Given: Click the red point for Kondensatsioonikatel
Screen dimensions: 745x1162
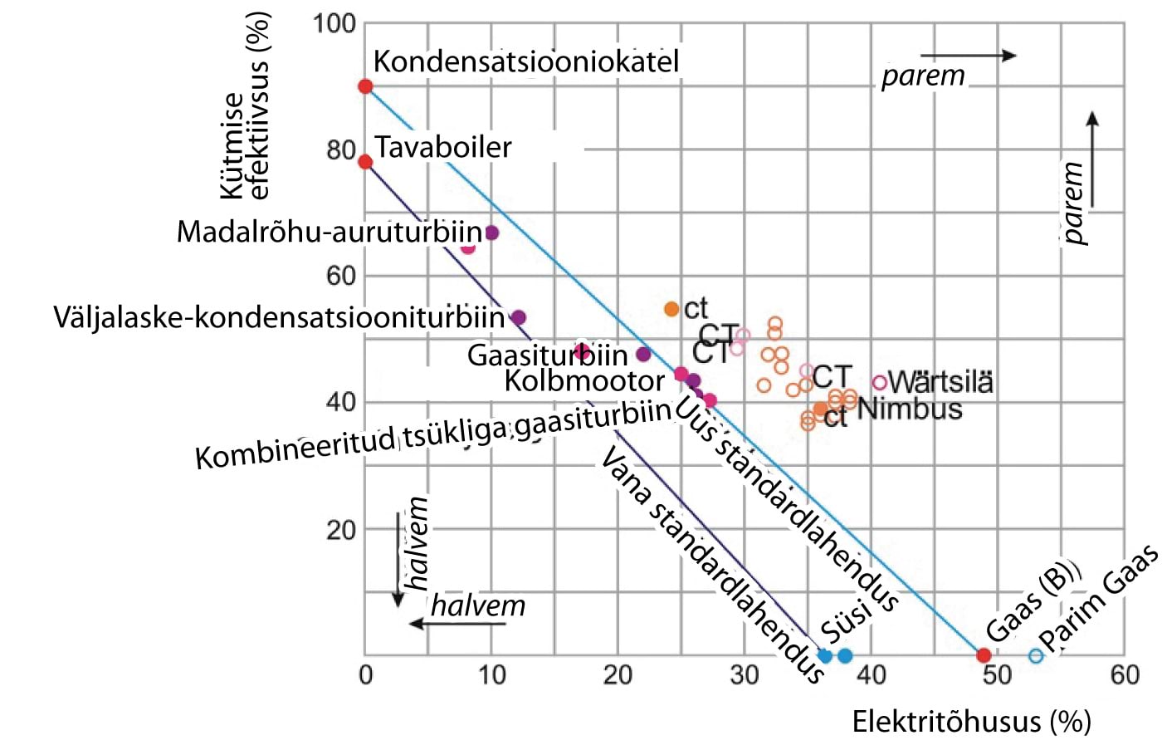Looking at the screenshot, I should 365,86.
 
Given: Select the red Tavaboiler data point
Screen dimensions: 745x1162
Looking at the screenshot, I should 365,161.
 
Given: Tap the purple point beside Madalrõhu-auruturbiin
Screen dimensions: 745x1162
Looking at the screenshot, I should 491,233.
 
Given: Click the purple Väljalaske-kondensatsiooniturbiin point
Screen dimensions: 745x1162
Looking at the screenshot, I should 519,317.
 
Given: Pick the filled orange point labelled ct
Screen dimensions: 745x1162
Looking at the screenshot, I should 671,309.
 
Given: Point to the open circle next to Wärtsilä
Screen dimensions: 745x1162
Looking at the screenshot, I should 880,383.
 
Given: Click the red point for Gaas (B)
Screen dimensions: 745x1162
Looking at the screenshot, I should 984,655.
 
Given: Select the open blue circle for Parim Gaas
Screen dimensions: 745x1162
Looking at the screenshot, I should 1036,655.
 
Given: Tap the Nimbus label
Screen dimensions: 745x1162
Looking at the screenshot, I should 910,409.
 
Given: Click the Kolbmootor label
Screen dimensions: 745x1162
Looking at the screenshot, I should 584,381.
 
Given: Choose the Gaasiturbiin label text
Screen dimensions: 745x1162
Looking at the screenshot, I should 547,355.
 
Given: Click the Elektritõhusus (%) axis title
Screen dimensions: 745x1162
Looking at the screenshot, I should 971,721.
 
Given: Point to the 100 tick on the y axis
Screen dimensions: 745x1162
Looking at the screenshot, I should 334,23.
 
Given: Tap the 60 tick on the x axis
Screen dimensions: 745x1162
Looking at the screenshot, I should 1125,674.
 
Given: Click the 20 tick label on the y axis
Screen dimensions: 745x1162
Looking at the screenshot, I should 340,530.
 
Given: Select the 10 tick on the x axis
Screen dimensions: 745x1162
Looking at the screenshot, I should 491,674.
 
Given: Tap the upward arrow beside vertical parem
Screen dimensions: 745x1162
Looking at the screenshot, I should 1092,158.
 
